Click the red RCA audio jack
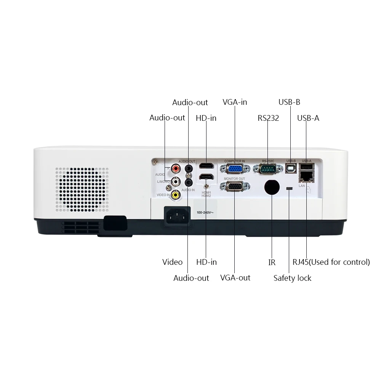tap(176, 168)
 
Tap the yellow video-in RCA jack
tap(175, 195)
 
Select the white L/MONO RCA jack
tap(176, 181)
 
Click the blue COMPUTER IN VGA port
tap(235, 169)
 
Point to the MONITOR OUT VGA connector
tap(235, 187)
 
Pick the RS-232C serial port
tap(269, 169)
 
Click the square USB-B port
tap(291, 169)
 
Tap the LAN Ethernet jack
tap(306, 176)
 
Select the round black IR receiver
tap(272, 187)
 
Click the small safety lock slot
tap(289, 189)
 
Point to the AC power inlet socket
tap(176, 216)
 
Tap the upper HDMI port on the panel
tap(206, 166)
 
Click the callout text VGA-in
tap(235, 102)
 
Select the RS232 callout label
tap(268, 118)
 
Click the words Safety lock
tap(292, 278)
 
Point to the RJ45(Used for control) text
tap(331, 262)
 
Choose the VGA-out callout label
tap(235, 278)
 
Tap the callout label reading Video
tap(172, 262)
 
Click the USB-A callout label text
tap(308, 118)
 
